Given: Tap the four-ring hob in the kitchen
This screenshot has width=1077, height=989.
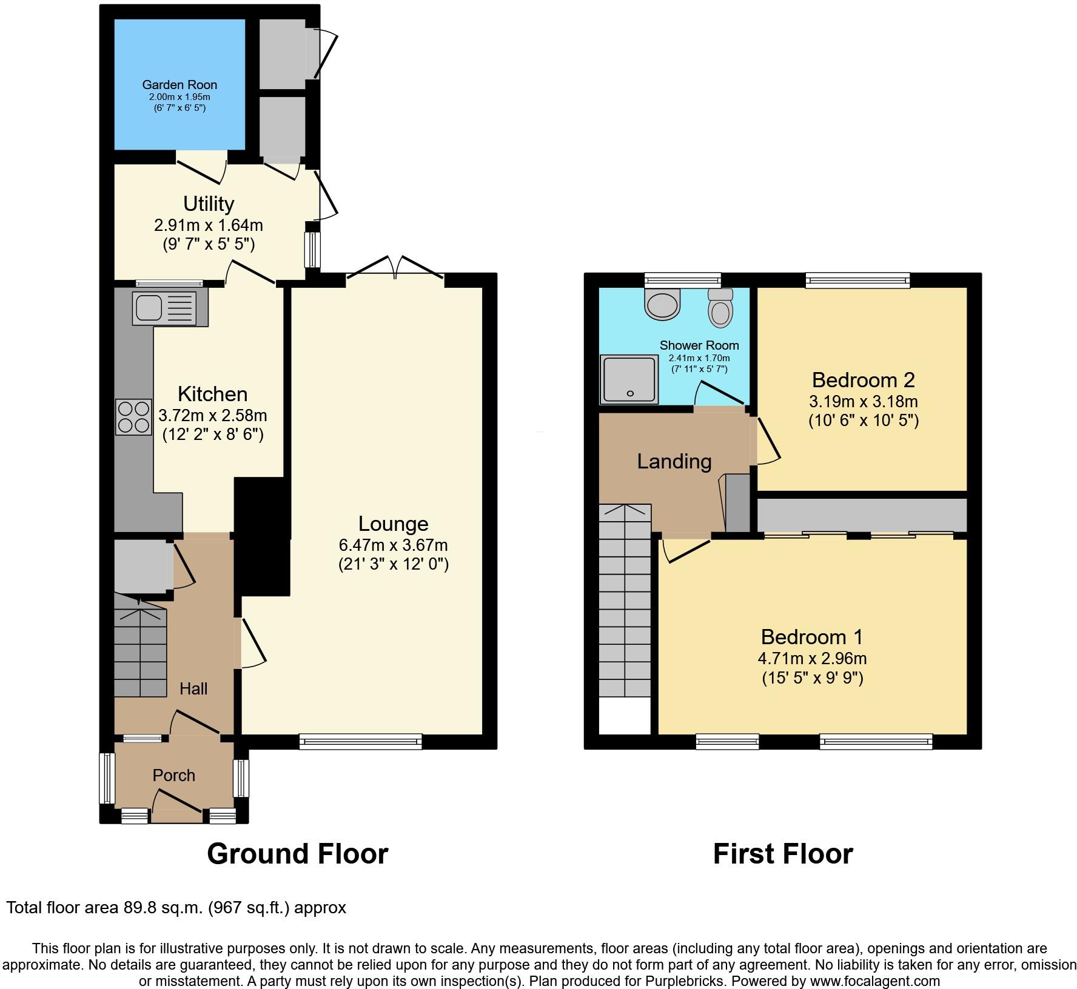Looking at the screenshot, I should [x=133, y=416].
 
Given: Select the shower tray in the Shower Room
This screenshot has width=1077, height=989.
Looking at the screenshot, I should [x=629, y=380].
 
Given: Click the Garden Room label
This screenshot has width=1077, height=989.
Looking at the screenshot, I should [x=180, y=85].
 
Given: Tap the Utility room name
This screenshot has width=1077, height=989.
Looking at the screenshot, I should [x=209, y=204].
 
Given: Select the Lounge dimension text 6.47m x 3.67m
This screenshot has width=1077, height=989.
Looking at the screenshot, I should [x=393, y=545].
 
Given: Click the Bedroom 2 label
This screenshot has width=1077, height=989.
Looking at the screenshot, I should [x=863, y=380].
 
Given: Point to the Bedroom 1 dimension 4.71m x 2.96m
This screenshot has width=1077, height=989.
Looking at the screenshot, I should [x=812, y=658].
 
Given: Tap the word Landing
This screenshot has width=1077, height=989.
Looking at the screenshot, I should [x=674, y=462].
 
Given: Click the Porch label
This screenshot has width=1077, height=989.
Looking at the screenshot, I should [x=173, y=775].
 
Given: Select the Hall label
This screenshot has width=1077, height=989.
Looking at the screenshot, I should [x=193, y=688].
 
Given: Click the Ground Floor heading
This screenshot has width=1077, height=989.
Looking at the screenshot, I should [x=297, y=854].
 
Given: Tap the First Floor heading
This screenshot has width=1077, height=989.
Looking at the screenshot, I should [x=782, y=854].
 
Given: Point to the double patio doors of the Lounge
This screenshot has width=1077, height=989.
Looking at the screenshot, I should [x=395, y=270].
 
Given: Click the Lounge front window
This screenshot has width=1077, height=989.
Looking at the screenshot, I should [x=360, y=741].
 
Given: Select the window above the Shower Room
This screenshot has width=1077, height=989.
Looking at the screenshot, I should [x=682, y=279].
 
